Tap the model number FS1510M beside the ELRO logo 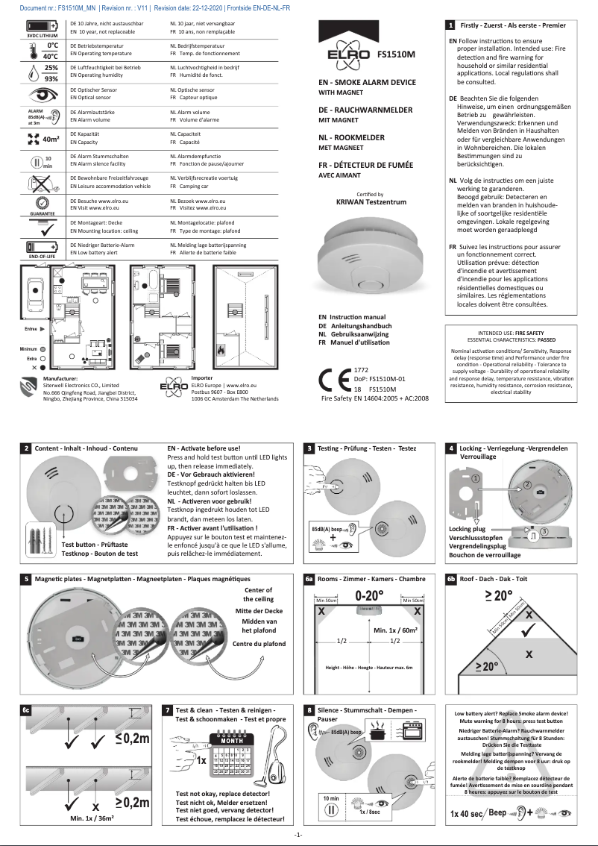[396, 54]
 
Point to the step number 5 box [26, 579]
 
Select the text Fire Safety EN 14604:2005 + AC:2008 [374, 399]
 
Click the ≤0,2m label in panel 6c [133, 739]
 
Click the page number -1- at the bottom [298, 834]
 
